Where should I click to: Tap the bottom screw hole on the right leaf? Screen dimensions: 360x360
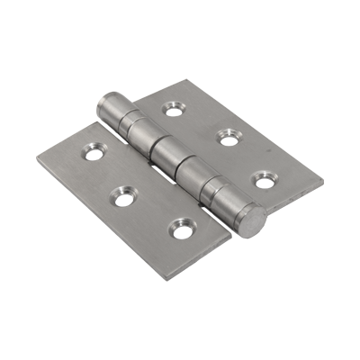pos(262,178)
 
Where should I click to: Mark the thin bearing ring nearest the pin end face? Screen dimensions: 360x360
pos(214,188)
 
